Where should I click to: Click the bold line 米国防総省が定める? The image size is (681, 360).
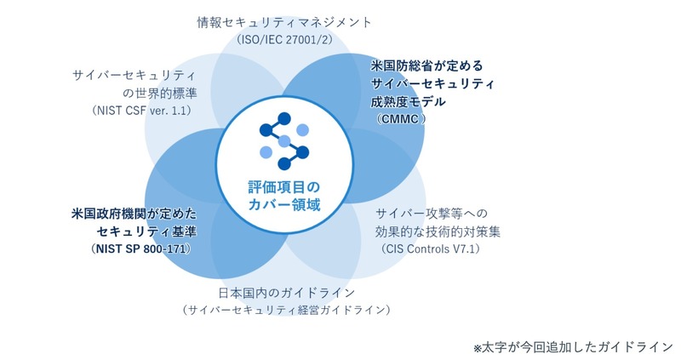tap(424, 64)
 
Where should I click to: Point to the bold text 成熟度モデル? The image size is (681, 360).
tap(409, 101)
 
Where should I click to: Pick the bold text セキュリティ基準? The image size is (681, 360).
tap(148, 231)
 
